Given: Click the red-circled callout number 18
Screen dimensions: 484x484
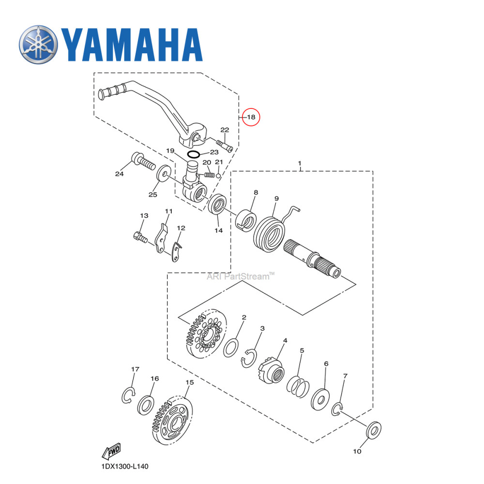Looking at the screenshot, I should point(251,117).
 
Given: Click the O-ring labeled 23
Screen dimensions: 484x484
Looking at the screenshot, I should point(194,154).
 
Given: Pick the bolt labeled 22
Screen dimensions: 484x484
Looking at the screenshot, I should point(223,144).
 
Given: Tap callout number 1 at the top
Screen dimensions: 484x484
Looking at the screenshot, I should point(300,164).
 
